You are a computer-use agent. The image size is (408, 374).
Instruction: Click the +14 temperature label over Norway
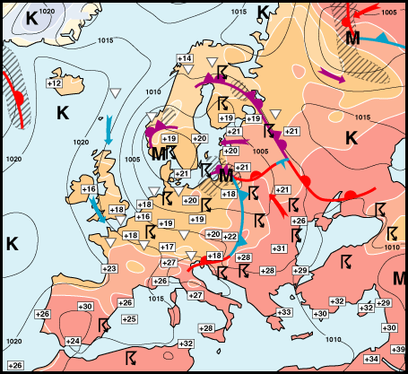[x=184, y=59]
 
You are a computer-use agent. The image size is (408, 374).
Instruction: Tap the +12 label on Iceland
[x=53, y=83]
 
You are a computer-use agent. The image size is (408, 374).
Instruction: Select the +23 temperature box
[x=109, y=269]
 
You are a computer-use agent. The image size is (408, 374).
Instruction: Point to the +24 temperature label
[x=73, y=342]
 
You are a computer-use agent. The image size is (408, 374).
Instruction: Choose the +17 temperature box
[x=167, y=247]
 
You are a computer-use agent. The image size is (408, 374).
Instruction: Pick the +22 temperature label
[x=230, y=237]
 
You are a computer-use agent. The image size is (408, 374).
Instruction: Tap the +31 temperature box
[x=280, y=248]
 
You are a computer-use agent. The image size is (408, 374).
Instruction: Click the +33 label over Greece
[x=285, y=312]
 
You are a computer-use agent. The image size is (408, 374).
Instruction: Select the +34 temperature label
[x=371, y=360]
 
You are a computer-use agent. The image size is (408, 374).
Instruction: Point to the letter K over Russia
[x=352, y=137]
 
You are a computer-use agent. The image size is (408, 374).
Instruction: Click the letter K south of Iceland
[x=62, y=112]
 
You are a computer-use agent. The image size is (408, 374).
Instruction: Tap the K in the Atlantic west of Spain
[x=12, y=243]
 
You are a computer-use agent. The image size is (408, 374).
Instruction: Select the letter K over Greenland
[x=32, y=17]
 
